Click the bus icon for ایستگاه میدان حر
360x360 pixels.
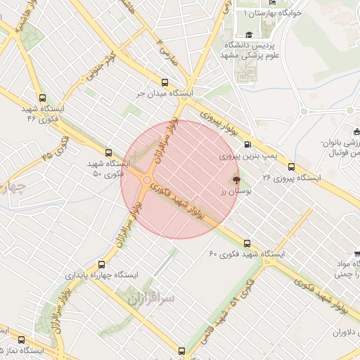[x=165, y=82]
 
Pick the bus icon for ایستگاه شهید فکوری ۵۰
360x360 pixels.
[x=108, y=152]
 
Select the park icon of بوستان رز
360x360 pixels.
[x=235, y=180]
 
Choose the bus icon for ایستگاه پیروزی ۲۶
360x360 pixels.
[x=291, y=167]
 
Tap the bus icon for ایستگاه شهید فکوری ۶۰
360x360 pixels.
[x=248, y=242]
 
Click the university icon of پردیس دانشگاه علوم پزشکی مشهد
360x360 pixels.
[x=248, y=34]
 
